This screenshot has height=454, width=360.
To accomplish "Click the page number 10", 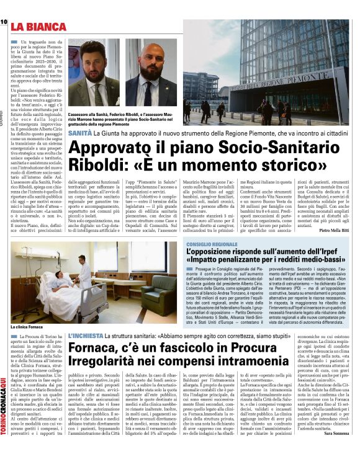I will pos(4,22).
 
